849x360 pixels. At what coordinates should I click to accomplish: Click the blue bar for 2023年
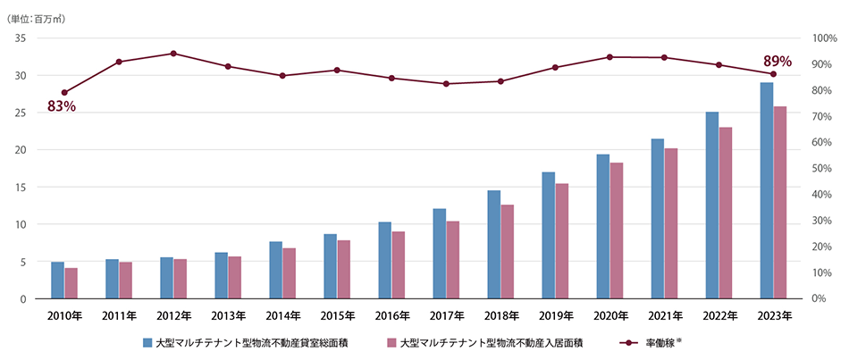(767, 190)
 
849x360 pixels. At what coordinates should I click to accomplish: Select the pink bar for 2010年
(71, 283)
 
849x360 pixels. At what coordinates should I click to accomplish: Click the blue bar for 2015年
(330, 266)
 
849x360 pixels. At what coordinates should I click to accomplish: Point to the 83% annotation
(62, 107)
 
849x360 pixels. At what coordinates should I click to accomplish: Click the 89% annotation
(777, 62)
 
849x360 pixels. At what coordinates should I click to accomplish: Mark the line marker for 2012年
(173, 54)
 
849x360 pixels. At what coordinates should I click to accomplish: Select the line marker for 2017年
(446, 84)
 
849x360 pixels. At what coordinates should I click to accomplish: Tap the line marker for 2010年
(64, 93)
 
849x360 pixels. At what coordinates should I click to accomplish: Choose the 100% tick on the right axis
(825, 38)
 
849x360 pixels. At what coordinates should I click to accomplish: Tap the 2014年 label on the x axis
(282, 315)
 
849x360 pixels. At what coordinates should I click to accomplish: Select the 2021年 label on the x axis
(665, 315)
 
